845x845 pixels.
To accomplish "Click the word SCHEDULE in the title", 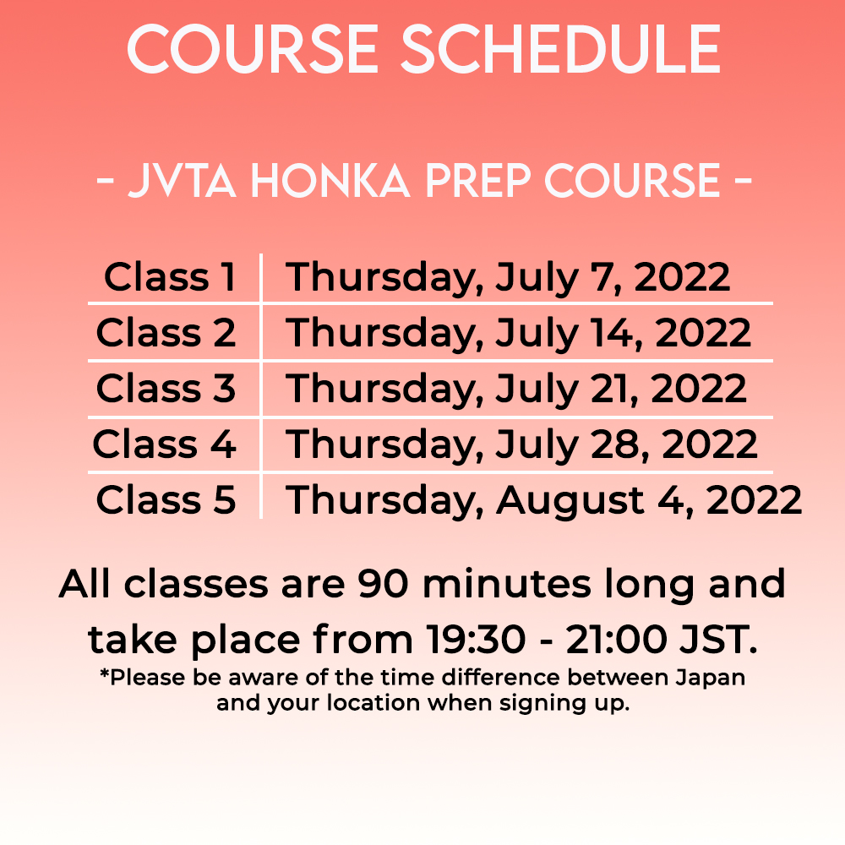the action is pyautogui.click(x=561, y=49).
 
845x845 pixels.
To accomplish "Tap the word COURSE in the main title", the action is pyautogui.click(x=253, y=49).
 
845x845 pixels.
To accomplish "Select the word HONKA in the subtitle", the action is pyautogui.click(x=330, y=181).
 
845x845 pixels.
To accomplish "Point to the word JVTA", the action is pyautogui.click(x=183, y=181).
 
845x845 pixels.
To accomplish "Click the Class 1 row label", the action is pyautogui.click(x=170, y=277).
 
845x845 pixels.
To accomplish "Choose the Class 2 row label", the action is pyautogui.click(x=166, y=332).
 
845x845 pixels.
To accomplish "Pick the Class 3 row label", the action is pyautogui.click(x=166, y=388).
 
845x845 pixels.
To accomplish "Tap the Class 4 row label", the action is pyautogui.click(x=165, y=444).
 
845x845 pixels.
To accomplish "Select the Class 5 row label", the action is pyautogui.click(x=166, y=499).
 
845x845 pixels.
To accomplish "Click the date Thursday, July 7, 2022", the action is pyautogui.click(x=508, y=278).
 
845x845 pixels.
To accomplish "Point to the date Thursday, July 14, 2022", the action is pyautogui.click(x=518, y=334).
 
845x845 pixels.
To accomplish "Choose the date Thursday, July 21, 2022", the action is pyautogui.click(x=515, y=389).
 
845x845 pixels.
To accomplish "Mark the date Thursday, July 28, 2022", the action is pyautogui.click(x=521, y=445).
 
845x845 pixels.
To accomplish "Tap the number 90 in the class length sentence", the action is pyautogui.click(x=383, y=584).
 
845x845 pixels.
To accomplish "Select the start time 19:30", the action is pyautogui.click(x=475, y=639).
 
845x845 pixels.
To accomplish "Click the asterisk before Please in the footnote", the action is pyautogui.click(x=105, y=673).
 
